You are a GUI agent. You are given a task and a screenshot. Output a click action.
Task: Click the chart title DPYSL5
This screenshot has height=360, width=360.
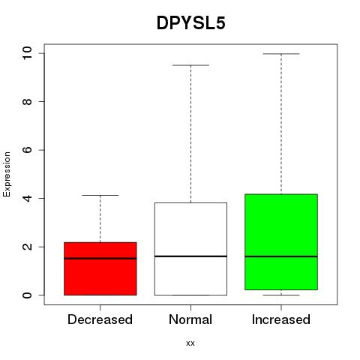click(x=191, y=23)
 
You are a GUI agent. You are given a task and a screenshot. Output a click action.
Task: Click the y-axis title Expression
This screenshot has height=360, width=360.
click(x=7, y=174)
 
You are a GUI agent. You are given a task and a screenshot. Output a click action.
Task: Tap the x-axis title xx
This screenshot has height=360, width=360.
click(x=190, y=343)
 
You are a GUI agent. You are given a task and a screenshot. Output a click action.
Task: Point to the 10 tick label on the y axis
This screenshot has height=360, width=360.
click(x=27, y=53)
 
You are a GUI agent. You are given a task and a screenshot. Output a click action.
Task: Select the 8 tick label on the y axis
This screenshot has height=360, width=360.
click(x=27, y=101)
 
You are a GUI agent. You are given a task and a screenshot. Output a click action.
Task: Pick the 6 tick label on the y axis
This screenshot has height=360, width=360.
click(x=27, y=150)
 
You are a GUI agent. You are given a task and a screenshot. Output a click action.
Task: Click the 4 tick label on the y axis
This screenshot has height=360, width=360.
click(x=27, y=198)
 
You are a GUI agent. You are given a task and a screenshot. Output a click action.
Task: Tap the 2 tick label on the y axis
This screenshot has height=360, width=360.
click(x=27, y=247)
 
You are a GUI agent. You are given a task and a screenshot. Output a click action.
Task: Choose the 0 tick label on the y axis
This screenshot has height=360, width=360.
click(x=27, y=295)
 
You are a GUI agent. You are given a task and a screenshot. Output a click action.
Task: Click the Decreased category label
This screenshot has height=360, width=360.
click(x=100, y=319)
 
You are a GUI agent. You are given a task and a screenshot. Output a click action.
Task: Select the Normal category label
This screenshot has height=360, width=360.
click(x=190, y=319)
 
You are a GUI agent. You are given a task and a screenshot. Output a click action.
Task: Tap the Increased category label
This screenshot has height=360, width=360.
click(x=281, y=319)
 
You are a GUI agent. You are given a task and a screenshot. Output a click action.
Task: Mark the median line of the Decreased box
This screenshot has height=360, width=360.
click(x=100, y=259)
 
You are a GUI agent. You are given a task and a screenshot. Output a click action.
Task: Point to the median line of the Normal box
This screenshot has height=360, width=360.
click(x=190, y=256)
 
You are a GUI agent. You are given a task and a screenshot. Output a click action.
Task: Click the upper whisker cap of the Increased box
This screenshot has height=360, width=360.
click(x=281, y=54)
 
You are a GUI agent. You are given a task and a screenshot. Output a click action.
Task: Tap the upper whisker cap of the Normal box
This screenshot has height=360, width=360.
click(x=190, y=65)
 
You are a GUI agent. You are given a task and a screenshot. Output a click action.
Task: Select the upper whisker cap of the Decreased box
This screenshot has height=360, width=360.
click(x=100, y=195)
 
